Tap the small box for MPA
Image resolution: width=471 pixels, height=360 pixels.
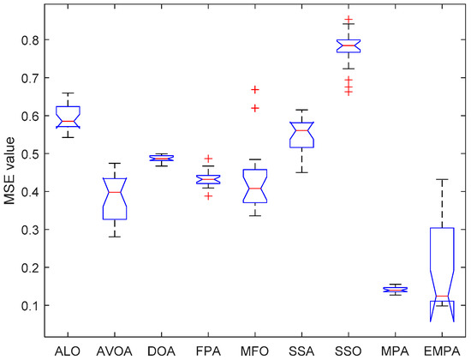[395, 290]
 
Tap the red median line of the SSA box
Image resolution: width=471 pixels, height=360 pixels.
[301, 130]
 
